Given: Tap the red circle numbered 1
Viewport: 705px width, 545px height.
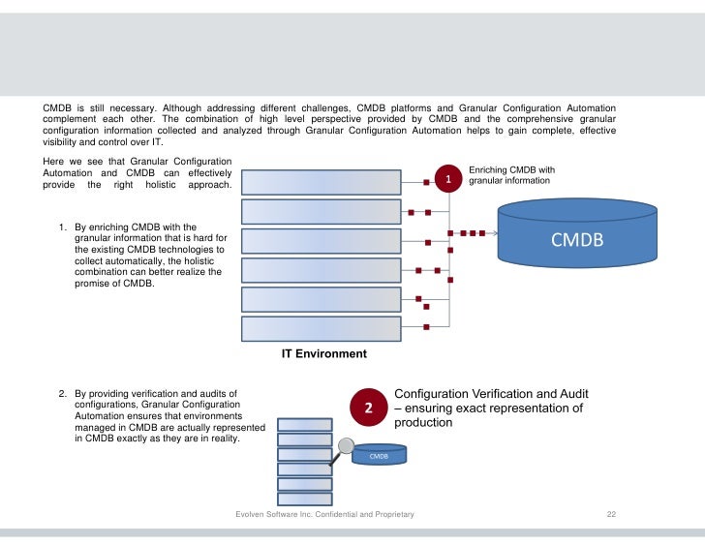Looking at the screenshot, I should click(x=448, y=179).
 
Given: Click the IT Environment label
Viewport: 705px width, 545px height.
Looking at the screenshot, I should click(x=323, y=353).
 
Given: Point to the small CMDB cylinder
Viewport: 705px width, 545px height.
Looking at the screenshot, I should click(x=378, y=455).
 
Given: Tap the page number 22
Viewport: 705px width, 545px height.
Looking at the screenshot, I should click(x=611, y=514).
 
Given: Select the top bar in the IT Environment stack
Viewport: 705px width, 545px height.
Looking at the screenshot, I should click(x=321, y=182).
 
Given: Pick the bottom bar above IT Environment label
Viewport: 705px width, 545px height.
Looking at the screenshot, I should click(x=321, y=328).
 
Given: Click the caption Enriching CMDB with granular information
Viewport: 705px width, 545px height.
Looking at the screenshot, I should click(x=510, y=175).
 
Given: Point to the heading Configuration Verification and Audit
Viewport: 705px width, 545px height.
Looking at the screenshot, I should click(x=491, y=394).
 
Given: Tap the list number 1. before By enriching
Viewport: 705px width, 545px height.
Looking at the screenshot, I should click(x=63, y=227).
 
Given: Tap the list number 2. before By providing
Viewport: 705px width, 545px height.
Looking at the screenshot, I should click(x=63, y=394).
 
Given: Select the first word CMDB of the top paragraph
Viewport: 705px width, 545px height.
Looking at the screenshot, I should click(x=57, y=106).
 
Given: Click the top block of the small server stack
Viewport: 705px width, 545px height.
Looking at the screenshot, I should click(x=305, y=424).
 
